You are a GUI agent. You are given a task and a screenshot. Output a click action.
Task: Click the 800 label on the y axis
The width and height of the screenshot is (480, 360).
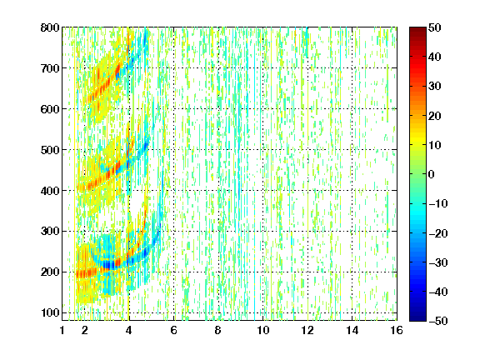[50, 27]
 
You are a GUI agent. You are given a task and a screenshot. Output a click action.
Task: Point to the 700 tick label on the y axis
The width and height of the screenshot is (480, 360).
[50, 68]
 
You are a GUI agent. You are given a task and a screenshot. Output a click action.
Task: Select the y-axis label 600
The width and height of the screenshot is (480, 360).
[50, 109]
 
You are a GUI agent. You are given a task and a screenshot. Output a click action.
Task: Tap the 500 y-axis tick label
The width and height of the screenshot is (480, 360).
[50, 150]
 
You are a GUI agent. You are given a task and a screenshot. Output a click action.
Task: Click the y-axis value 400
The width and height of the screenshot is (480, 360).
[50, 191]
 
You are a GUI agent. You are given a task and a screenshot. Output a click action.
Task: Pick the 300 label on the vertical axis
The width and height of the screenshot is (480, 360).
[50, 232]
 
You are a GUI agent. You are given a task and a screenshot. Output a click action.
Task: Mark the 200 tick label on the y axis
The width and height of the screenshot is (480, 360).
[50, 272]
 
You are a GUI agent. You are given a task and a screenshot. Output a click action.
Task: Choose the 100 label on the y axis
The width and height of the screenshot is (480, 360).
[50, 312]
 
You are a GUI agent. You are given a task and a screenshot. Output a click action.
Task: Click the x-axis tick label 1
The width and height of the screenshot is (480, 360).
[62, 330]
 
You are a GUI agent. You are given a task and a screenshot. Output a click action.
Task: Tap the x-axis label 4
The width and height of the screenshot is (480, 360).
[129, 330]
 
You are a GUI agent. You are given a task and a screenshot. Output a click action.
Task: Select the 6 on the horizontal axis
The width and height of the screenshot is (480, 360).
[173, 330]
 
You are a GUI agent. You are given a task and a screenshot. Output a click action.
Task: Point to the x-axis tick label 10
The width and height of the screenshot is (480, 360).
[262, 330]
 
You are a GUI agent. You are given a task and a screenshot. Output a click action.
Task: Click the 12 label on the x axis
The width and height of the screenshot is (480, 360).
[307, 330]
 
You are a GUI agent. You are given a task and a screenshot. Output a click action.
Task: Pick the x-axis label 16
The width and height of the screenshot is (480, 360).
[397, 330]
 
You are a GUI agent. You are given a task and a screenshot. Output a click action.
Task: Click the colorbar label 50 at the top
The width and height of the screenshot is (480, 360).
[435, 27]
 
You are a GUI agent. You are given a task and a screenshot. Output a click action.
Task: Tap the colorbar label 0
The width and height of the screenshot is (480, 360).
[432, 174]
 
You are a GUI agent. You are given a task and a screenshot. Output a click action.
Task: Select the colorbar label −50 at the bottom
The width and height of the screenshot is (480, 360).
[438, 321]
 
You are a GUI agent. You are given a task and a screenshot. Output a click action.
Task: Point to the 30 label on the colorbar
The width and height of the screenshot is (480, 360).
[435, 87]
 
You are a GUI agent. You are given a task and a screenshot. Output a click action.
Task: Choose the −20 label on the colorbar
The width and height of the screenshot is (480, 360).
[438, 233]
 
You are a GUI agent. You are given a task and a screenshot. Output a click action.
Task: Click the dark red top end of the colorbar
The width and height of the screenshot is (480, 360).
[417, 29]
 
